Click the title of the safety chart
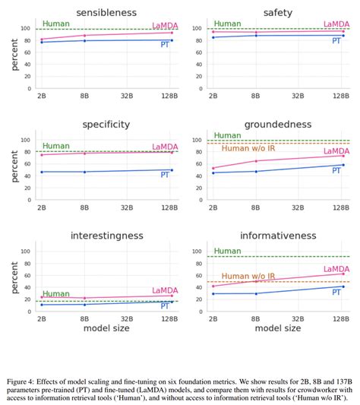tap(278, 12)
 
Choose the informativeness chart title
tap(278, 236)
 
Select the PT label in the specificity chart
tap(165, 176)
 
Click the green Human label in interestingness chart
tap(55, 293)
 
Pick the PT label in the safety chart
tap(336, 41)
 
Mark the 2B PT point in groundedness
tap(213, 173)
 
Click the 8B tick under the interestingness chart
tap(83, 319)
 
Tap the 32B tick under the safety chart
tap(299, 96)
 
